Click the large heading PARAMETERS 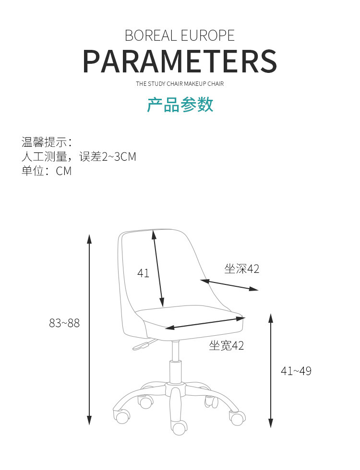[180, 61]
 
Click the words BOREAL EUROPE [180, 35]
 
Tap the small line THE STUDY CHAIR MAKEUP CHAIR [180, 84]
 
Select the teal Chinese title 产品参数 [180, 105]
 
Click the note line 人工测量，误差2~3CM [79, 156]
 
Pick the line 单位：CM [47, 171]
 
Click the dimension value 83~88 [64, 323]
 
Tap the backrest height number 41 [143, 273]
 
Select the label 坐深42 [242, 269]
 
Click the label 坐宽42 [227, 345]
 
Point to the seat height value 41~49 [296, 371]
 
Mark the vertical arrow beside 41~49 [271, 370]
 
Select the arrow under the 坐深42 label [229, 285]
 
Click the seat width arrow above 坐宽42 [205, 322]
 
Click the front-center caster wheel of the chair [180, 427]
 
